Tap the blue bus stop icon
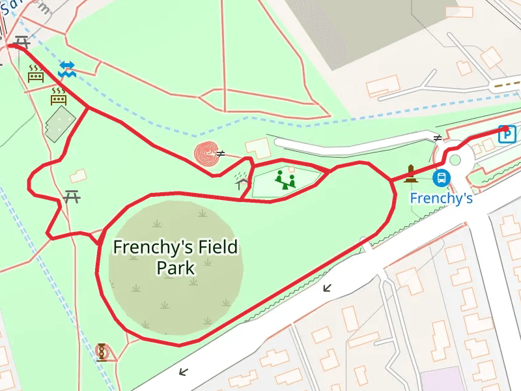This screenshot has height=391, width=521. (442, 177)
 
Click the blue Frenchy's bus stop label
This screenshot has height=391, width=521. (441, 197)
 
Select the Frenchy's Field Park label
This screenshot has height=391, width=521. (175, 257)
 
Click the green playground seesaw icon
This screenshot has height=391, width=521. (285, 179)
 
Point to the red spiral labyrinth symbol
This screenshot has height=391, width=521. (206, 154)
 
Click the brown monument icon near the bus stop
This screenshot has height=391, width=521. (410, 173)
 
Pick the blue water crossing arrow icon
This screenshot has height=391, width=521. (67, 70)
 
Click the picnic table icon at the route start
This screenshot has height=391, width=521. (21, 42)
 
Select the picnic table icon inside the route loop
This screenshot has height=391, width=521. (72, 195)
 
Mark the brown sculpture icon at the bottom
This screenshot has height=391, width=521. (102, 352)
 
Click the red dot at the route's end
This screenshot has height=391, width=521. (505, 129)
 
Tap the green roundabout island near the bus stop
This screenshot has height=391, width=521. (455, 160)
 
